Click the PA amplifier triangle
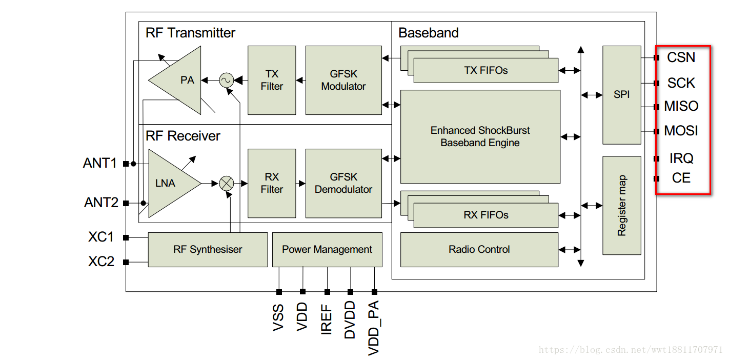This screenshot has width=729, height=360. click(x=179, y=80)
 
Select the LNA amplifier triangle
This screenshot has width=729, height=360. click(x=169, y=183)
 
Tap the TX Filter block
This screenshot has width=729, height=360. click(x=271, y=80)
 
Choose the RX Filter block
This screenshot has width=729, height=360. click(x=271, y=183)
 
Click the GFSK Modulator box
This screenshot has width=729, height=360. click(x=343, y=80)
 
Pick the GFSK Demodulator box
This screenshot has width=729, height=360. click(x=343, y=183)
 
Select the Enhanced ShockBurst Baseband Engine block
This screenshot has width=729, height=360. click(x=480, y=136)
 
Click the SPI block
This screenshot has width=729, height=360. click(x=621, y=95)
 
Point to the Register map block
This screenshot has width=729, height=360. click(x=621, y=205)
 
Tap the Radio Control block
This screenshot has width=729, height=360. click(x=479, y=249)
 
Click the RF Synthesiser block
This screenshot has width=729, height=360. click(x=208, y=249)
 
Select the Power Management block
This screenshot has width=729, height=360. click(x=327, y=249)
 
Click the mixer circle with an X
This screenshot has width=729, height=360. click(x=226, y=183)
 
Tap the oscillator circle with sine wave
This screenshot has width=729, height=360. click(x=226, y=80)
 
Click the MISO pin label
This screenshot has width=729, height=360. click(x=681, y=106)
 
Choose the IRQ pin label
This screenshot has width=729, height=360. click(x=681, y=158)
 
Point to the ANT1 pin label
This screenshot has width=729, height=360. click(x=100, y=163)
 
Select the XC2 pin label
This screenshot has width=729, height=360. click(x=101, y=262)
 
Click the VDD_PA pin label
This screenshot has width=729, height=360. click(x=374, y=328)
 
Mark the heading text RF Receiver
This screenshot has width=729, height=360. click(x=183, y=136)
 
